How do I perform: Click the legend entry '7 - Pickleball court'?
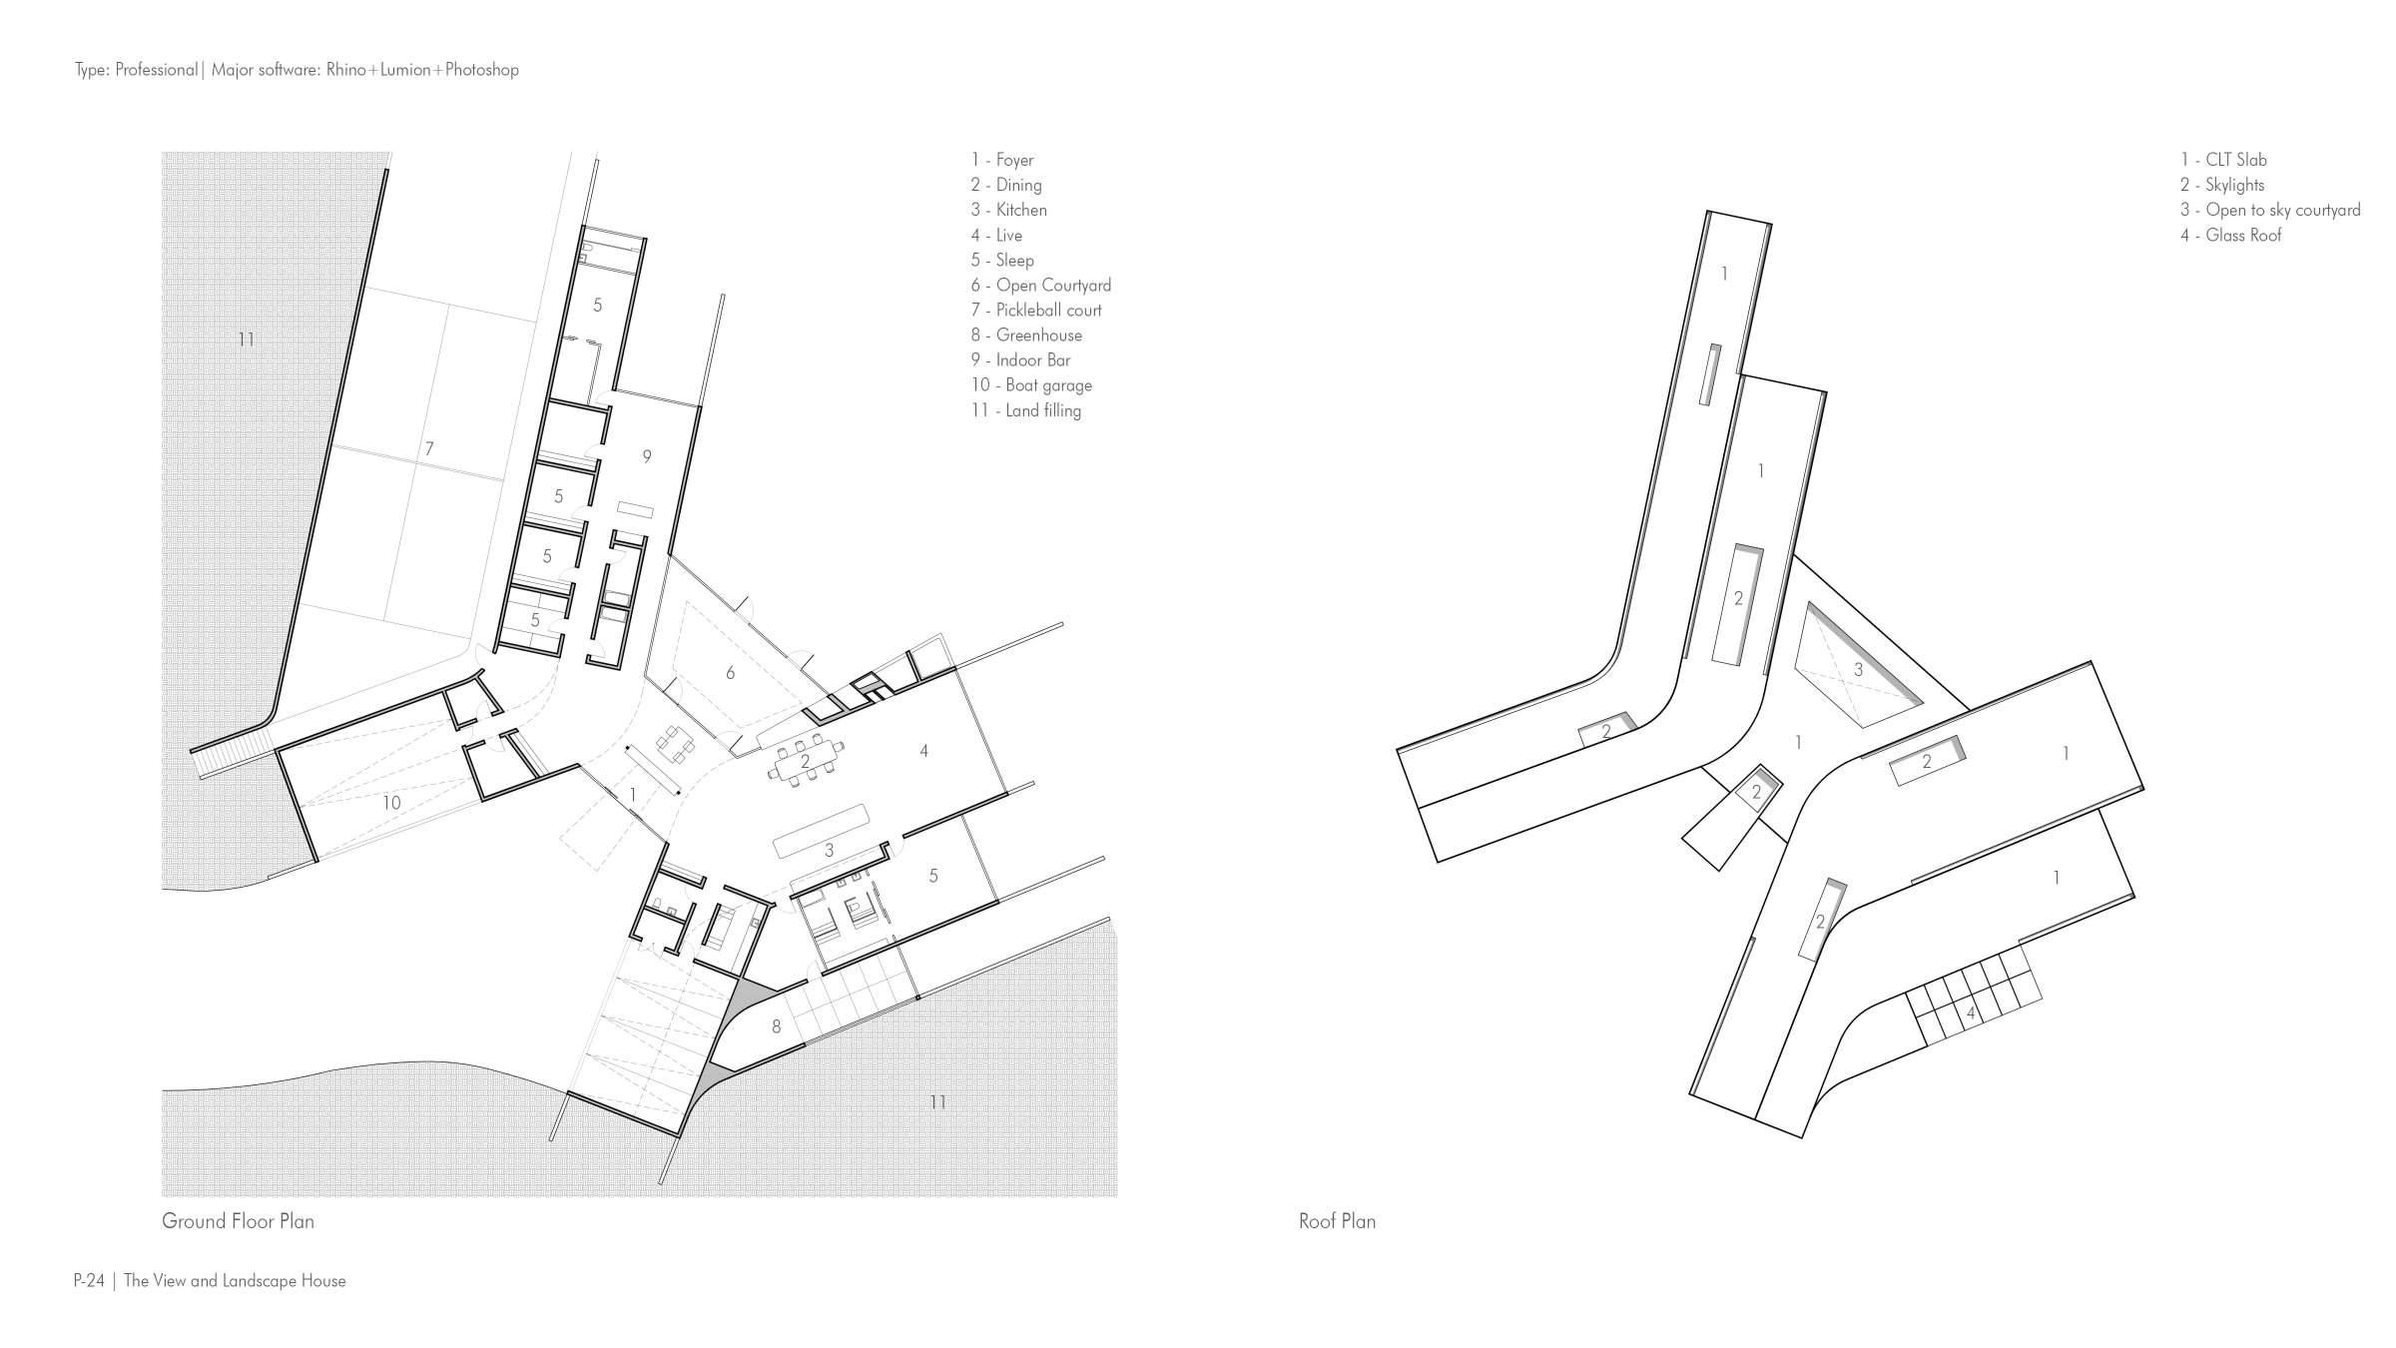[1036, 311]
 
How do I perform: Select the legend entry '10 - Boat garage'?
[1031, 385]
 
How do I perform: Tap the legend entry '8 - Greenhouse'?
[1026, 336]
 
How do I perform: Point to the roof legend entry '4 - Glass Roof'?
[2231, 236]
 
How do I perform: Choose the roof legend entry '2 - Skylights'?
[2222, 185]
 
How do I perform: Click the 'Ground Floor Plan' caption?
[238, 1221]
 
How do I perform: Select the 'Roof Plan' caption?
[1337, 1221]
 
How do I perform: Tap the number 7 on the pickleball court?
[429, 449]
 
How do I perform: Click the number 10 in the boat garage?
[391, 803]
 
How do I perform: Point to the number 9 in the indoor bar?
[647, 457]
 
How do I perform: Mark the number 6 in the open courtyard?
[730, 673]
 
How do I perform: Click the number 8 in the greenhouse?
[777, 1026]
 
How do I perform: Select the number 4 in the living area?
[923, 751]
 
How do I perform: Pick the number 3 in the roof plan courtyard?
[1858, 670]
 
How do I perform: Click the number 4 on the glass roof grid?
[1970, 1014]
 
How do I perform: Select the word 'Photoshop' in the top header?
[482, 70]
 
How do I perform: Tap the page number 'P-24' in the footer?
[89, 1281]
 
